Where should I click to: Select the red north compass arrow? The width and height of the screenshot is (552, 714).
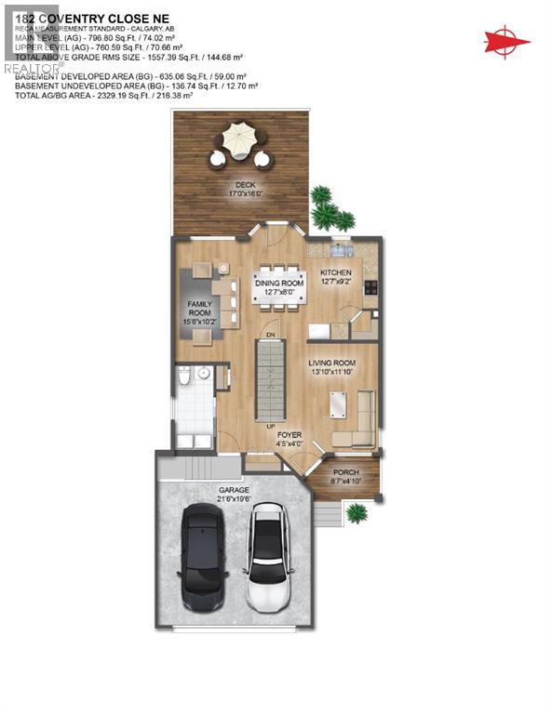pyautogui.click(x=506, y=41)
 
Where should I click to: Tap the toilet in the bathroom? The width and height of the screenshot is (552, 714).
pyautogui.click(x=184, y=376)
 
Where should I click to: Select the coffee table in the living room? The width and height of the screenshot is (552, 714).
pyautogui.click(x=337, y=404)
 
